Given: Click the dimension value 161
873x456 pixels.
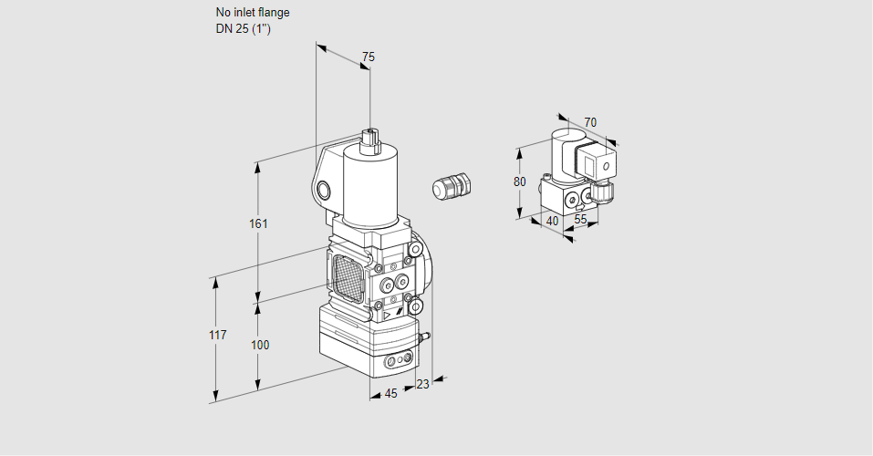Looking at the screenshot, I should tap(259, 224).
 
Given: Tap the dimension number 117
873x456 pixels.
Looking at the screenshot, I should tap(216, 336).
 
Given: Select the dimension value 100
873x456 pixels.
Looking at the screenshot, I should tap(260, 345).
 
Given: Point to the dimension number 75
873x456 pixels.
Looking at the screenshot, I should tap(368, 57).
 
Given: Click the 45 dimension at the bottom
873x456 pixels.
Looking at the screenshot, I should tap(390, 394).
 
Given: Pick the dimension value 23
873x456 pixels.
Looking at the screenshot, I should tap(422, 384).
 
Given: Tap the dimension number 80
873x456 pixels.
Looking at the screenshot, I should tap(520, 181).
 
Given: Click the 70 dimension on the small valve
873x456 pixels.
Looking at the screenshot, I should tap(590, 122).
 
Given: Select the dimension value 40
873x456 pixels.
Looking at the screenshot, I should tap(552, 220).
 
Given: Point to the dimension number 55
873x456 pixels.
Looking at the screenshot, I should tap(580, 220).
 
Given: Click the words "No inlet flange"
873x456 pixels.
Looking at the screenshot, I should tap(253, 13).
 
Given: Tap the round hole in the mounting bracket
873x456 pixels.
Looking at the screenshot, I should tap(326, 191).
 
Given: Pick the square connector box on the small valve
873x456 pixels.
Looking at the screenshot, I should tap(602, 167).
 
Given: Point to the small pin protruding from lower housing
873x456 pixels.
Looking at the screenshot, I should tap(422, 338).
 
